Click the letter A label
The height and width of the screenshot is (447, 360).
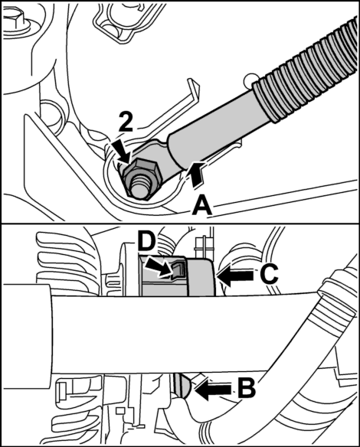point(202,207)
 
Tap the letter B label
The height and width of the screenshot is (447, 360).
point(247,389)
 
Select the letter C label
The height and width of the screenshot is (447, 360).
point(269,275)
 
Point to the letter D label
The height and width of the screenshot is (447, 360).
point(146,243)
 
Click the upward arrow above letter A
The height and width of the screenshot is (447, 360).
point(198,175)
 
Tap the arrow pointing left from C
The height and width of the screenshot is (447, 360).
point(234,276)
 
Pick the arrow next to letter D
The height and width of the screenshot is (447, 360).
point(159,267)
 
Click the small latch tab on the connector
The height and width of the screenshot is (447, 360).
point(178,270)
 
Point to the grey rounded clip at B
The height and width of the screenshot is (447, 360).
point(182,385)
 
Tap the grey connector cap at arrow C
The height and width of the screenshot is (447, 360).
point(201,276)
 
